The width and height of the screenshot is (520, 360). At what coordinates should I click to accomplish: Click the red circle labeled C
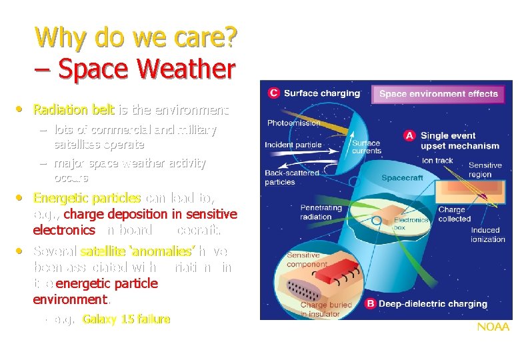273,93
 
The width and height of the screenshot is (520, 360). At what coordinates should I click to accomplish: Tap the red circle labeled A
410,135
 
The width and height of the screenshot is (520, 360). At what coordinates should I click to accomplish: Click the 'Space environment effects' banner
438,94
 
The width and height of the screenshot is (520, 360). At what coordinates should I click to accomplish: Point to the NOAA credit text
492,327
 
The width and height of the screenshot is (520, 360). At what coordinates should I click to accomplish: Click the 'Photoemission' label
293,123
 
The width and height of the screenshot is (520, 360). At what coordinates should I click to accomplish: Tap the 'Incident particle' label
293,145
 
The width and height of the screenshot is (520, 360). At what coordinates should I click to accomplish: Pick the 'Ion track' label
437,161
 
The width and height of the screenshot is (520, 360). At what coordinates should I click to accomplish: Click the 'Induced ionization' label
488,235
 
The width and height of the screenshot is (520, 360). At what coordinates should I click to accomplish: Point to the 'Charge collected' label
454,214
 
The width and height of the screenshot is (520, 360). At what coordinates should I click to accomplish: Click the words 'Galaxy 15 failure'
126,319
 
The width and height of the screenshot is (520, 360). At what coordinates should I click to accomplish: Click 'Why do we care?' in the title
136,38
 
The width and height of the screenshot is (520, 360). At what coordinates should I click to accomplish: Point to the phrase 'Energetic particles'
87,198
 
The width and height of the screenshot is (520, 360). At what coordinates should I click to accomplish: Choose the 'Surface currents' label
366,147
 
